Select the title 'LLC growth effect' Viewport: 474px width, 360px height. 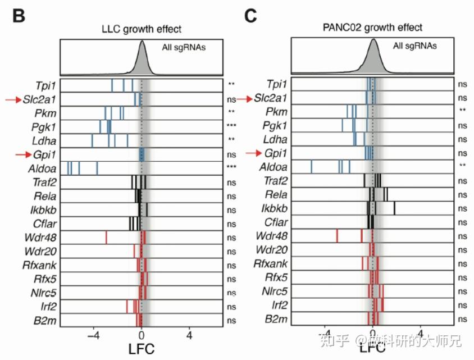click(141, 29)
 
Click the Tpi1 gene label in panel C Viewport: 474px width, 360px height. click(277, 84)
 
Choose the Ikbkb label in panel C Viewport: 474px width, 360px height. click(276, 208)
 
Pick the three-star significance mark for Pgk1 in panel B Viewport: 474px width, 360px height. click(231, 126)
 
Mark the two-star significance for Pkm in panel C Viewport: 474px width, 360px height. click(462, 111)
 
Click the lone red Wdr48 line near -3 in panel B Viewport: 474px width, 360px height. click(106, 237)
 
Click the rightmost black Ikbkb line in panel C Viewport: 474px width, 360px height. click(394, 208)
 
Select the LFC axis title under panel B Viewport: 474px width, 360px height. click(142, 349)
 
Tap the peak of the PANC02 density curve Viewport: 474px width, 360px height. click(373, 40)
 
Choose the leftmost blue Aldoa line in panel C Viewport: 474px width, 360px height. click(312, 166)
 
